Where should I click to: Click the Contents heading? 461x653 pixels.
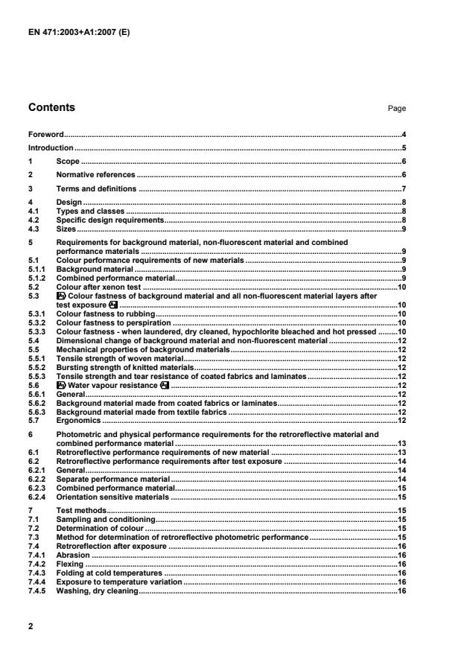point(51,108)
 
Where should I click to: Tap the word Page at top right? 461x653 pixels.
point(396,109)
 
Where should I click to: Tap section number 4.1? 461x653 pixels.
point(34,211)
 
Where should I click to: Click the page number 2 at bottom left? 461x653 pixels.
point(31,627)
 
